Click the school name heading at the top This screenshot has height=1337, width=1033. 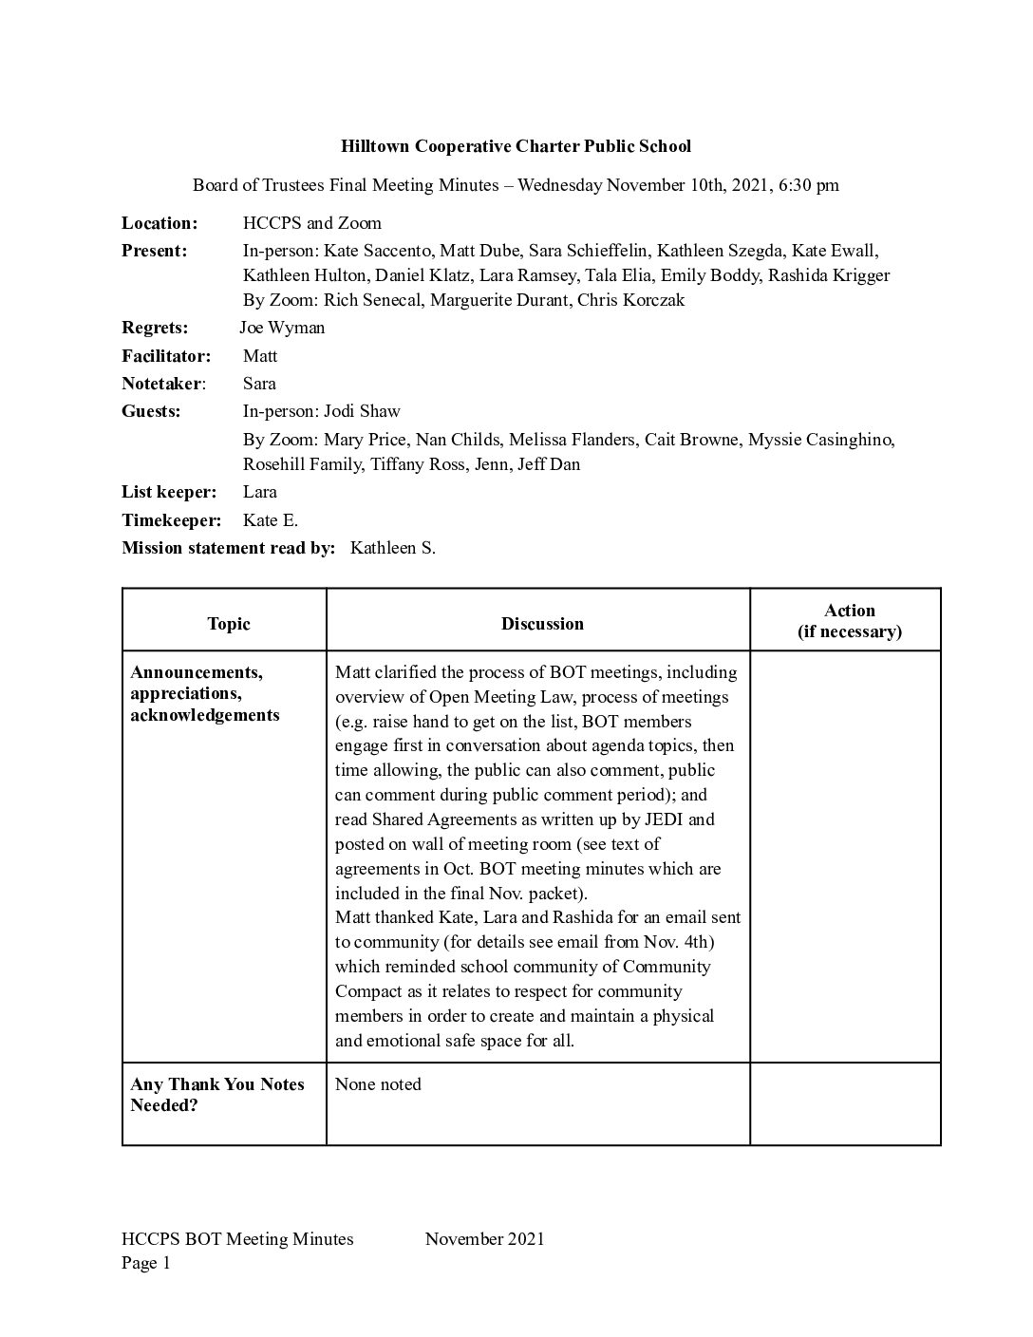(516, 146)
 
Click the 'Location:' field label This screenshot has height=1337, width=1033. (160, 223)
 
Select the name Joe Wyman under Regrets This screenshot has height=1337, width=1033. (282, 328)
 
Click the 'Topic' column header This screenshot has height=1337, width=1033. (228, 624)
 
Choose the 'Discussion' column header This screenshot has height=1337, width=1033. (542, 624)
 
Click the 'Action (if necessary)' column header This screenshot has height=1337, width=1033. (849, 621)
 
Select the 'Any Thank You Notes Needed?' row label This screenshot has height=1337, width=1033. (217, 1095)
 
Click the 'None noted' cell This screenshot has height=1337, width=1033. (378, 1084)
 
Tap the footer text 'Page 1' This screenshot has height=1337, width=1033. (146, 1263)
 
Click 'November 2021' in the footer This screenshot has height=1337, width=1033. (484, 1238)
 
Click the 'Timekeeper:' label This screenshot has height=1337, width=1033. (171, 520)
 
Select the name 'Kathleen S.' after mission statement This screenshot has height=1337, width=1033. (393, 548)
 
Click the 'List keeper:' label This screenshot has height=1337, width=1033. (169, 492)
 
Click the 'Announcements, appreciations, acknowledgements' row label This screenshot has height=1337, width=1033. (205, 693)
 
